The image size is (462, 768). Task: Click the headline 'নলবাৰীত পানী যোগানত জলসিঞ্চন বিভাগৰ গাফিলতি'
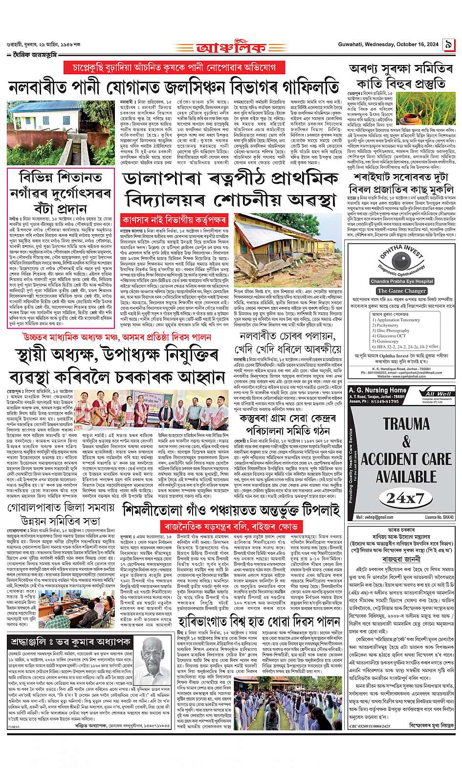[174, 87]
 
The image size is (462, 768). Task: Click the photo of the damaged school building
[288, 241]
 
